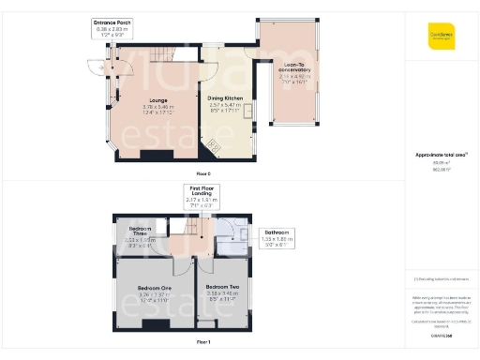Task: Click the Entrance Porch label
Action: tap(116, 21)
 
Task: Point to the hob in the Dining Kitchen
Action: tap(214, 144)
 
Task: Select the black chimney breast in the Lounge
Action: tap(157, 156)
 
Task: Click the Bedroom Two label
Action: tap(224, 286)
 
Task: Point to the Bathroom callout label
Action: tap(276, 232)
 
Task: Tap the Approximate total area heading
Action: tap(441, 155)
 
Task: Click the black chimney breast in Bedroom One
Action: tap(156, 323)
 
